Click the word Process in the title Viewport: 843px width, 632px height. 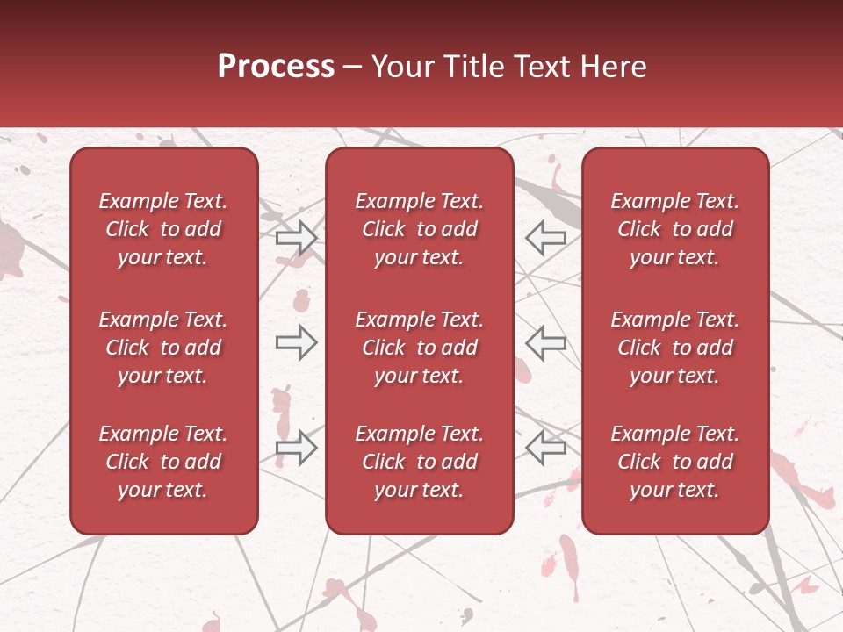tap(276, 67)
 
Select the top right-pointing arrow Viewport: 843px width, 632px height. tap(296, 238)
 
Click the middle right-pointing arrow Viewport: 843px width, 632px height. tap(296, 342)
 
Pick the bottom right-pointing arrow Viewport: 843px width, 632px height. tap(296, 448)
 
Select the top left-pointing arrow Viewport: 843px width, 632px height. tap(545, 238)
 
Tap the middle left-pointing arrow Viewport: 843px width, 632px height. tap(545, 342)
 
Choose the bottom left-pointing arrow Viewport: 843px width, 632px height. tap(545, 448)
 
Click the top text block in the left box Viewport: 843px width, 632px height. tap(163, 229)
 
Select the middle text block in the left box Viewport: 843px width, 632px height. tap(163, 348)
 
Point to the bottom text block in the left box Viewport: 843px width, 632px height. tap(163, 462)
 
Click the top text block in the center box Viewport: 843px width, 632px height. tap(419, 229)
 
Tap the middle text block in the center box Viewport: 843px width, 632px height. tap(419, 348)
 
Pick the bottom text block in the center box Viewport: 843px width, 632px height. tap(419, 462)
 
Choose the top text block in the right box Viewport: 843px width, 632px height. tap(674, 229)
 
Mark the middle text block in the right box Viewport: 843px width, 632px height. tap(674, 348)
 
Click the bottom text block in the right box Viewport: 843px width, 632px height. tap(674, 462)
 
